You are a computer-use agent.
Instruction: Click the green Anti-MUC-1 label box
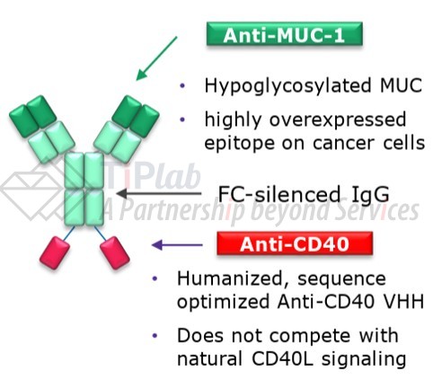[x=285, y=34]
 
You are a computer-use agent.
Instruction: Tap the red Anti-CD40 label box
[x=295, y=243]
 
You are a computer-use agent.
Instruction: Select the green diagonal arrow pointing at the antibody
[x=156, y=58]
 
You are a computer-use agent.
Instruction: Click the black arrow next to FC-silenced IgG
[x=159, y=193]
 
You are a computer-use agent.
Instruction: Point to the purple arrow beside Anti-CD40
[x=177, y=245]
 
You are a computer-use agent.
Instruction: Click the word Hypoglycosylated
[x=287, y=86]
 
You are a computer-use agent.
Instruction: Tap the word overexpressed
[x=338, y=120]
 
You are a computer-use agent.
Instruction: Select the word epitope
[x=240, y=144]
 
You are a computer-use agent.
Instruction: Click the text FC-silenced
[x=279, y=194]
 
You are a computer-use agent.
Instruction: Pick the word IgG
[x=370, y=195]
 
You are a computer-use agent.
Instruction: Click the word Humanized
[x=230, y=278]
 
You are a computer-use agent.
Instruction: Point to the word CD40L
[x=283, y=358]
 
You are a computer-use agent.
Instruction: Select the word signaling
[x=364, y=359]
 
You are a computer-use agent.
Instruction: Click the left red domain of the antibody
[x=55, y=252]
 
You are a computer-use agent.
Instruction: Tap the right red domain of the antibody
[x=115, y=252]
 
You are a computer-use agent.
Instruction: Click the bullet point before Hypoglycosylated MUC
[x=182, y=86]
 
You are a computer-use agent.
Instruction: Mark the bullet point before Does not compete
[x=155, y=336]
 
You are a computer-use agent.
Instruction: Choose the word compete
[x=310, y=337]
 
